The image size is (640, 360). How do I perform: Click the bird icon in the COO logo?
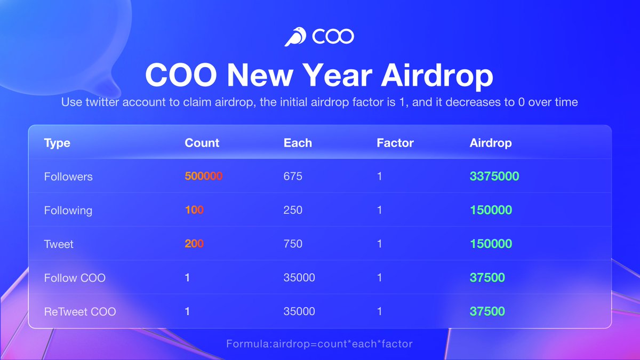[x=294, y=37]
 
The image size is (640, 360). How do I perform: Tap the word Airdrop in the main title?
[x=437, y=76]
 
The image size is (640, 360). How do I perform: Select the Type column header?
[x=57, y=143]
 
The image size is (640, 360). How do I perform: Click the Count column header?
[x=202, y=143]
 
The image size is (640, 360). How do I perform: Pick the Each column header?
[x=298, y=143]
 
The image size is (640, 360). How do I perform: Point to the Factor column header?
[x=395, y=143]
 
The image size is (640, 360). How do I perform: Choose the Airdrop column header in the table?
[x=491, y=143]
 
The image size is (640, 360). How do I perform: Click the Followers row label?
[x=68, y=177]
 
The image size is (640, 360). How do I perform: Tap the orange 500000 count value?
[x=203, y=176]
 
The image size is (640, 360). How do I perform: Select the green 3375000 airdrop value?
[x=494, y=176]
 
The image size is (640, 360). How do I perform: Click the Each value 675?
[x=293, y=176]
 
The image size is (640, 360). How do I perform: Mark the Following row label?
[x=68, y=210]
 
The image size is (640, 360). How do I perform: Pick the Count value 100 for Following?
[x=194, y=210]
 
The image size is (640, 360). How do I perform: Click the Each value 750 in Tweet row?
[x=293, y=244]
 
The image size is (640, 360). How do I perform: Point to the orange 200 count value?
[x=194, y=244]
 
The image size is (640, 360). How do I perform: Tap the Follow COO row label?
[x=75, y=278]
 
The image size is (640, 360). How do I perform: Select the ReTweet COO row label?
[x=80, y=311]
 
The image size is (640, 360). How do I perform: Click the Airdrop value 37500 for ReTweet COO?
[x=487, y=311]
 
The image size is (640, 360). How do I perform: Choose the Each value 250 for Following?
[x=293, y=210]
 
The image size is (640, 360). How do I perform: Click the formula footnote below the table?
[x=319, y=344]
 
